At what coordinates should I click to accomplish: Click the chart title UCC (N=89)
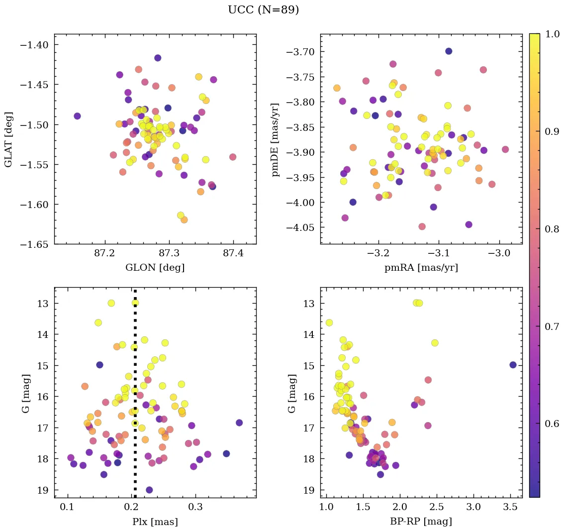(263, 10)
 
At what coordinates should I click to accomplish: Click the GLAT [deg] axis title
(8, 139)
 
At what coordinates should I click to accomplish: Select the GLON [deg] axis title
(155, 268)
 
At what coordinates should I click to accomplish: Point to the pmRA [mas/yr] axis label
(421, 268)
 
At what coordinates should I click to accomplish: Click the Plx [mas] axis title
(155, 522)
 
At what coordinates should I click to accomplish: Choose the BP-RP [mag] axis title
(421, 522)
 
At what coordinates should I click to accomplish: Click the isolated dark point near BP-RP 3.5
(513, 365)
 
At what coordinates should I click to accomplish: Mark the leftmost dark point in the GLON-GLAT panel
(77, 116)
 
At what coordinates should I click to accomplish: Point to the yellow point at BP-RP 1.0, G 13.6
(329, 322)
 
